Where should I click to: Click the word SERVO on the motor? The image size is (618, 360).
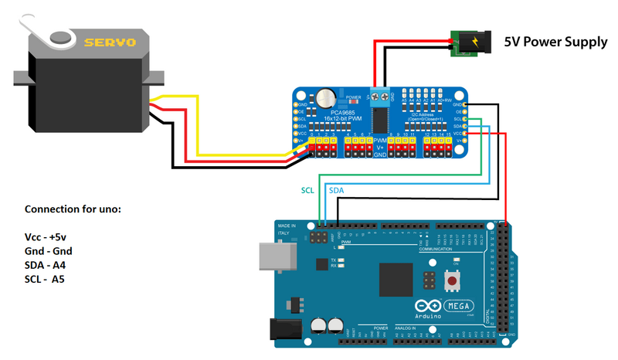coord(110,42)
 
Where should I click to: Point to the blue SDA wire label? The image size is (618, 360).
coord(338,190)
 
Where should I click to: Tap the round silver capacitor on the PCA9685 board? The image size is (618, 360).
coord(327,98)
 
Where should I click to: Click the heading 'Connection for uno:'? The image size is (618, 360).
coord(73,209)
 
